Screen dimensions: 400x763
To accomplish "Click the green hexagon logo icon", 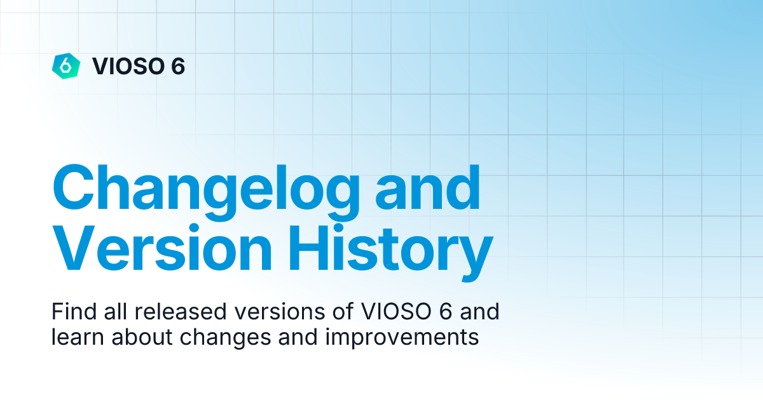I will [65, 65].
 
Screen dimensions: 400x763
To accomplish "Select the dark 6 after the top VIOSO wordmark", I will [177, 66].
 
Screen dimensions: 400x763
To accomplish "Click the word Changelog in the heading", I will [207, 189].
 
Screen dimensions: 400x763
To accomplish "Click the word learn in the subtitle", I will [72, 337].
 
